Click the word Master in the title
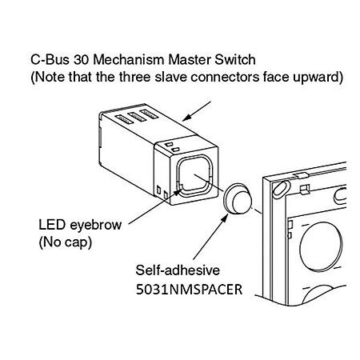click(x=190, y=59)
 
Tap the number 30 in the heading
click(x=82, y=59)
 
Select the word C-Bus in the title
click(x=50, y=59)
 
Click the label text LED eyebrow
click(x=80, y=226)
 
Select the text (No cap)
click(x=66, y=242)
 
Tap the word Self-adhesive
click(x=178, y=270)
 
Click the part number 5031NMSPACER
click(x=189, y=290)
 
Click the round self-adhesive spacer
click(x=238, y=198)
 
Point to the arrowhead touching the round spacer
click(x=224, y=218)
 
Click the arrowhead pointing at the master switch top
click(x=187, y=118)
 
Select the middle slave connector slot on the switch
click(x=137, y=117)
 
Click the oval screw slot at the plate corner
click(x=281, y=190)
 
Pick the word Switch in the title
click(x=235, y=59)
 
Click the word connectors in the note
click(x=225, y=77)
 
